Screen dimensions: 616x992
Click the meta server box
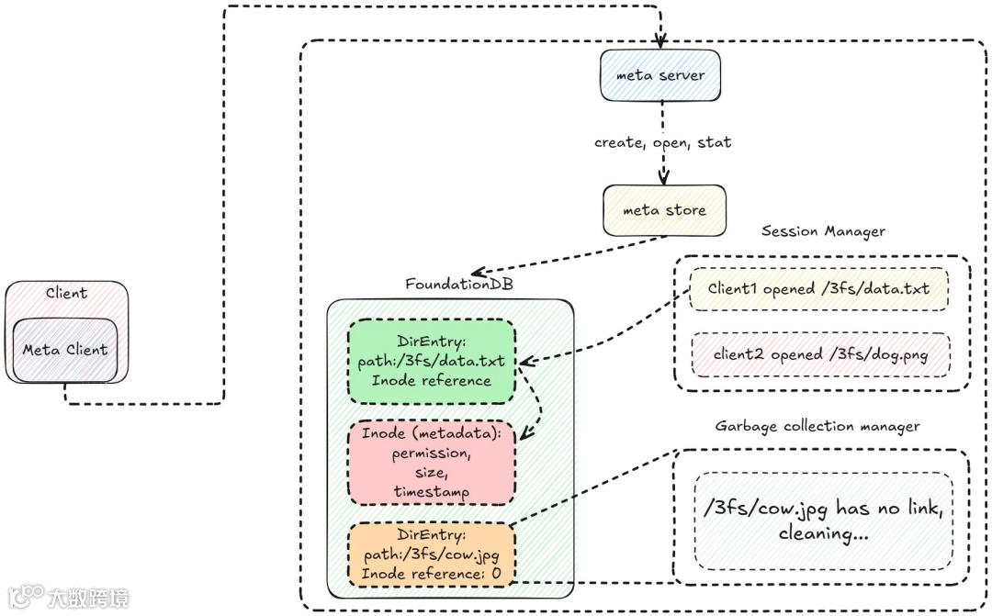click(x=659, y=75)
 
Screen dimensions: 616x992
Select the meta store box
click(x=664, y=210)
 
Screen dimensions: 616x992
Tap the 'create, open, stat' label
click(x=662, y=143)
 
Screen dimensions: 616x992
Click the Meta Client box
click(x=65, y=350)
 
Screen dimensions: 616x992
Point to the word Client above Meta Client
click(x=66, y=294)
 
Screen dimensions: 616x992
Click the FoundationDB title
click(x=459, y=284)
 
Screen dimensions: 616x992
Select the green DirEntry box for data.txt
click(x=432, y=361)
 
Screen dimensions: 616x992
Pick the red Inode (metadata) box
click(x=431, y=463)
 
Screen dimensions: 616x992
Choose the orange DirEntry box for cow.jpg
click(x=431, y=554)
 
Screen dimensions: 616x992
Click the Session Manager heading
click(x=823, y=231)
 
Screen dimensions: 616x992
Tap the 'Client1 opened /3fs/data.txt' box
click(x=818, y=289)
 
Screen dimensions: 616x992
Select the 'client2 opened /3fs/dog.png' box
click(x=818, y=354)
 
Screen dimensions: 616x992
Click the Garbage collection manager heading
click(x=817, y=427)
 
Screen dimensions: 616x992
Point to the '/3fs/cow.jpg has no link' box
click(x=822, y=521)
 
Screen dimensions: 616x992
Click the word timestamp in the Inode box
click(x=431, y=492)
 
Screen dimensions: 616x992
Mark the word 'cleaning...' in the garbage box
click(x=822, y=533)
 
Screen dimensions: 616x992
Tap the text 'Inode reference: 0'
click(x=431, y=574)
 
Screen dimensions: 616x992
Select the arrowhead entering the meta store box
click(x=662, y=180)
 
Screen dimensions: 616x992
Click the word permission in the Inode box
click(x=431, y=454)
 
